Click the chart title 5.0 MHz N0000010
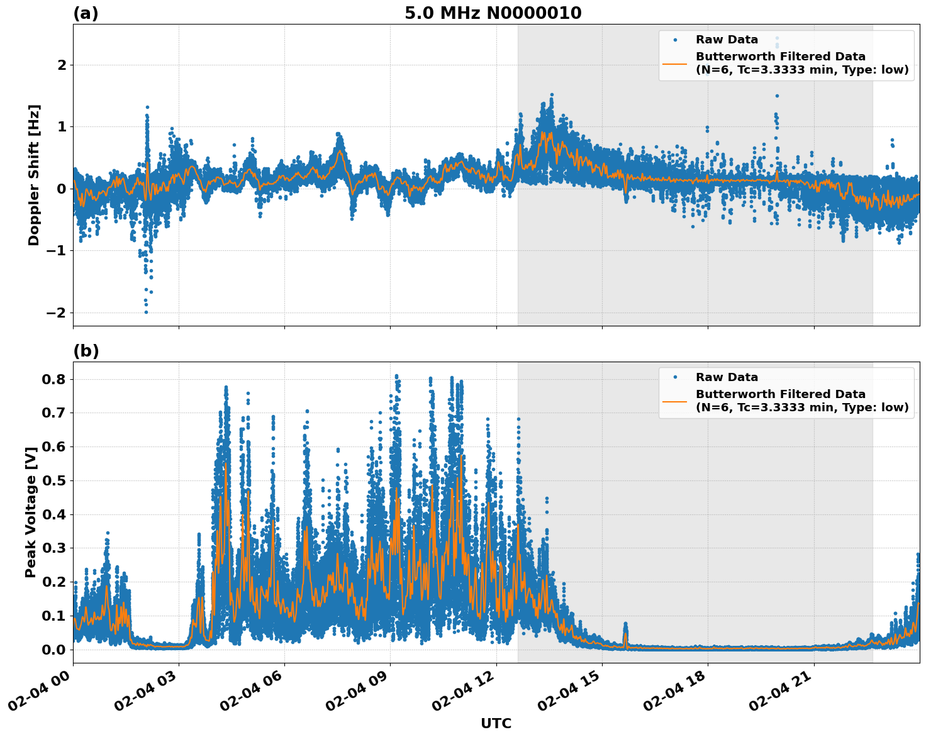(493, 13)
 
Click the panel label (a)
(86, 13)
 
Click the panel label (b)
(86, 351)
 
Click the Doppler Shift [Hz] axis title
(34, 175)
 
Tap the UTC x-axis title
(496, 723)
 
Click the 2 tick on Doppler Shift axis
(62, 65)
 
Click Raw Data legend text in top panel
(727, 40)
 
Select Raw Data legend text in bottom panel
(727, 377)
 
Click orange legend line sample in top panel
(675, 64)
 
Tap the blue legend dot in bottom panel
(675, 377)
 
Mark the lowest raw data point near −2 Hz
(146, 312)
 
